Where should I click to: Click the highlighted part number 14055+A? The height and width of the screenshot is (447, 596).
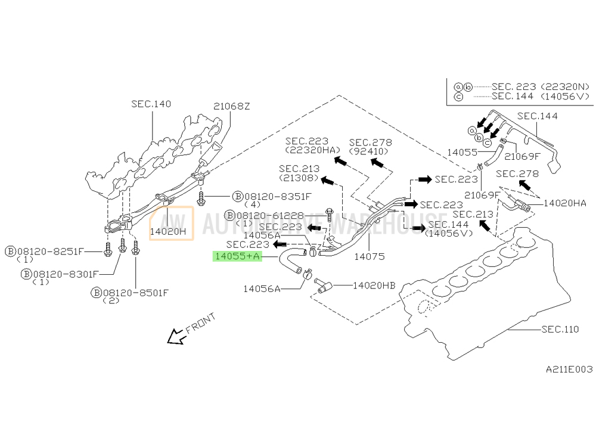pos(237,256)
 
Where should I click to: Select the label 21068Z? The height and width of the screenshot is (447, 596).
pos(231,107)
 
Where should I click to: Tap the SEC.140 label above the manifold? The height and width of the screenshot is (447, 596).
pos(151,104)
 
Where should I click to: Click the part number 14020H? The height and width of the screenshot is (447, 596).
pos(167,231)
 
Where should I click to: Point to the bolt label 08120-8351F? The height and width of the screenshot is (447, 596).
pos(278,197)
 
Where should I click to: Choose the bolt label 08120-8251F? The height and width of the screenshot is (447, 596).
pos(49,252)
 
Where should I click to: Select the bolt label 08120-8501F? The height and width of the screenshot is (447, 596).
pos(135,293)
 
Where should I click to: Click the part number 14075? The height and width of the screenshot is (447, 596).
pos(369,256)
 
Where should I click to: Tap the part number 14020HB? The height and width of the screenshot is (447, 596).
pos(374,285)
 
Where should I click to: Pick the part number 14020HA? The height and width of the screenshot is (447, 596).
pos(565,203)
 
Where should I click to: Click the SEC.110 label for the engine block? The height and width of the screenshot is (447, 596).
pos(560,329)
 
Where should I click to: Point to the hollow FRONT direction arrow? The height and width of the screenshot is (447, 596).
pos(176,336)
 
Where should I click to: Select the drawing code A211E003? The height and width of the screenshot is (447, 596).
pos(569,369)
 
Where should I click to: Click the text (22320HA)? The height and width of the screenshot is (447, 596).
pos(312,151)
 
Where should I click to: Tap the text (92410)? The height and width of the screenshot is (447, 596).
pos(369,151)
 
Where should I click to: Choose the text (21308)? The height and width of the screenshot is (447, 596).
pos(299,178)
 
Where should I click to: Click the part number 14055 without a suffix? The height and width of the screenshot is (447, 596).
pos(462,153)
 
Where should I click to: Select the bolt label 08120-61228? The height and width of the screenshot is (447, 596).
pos(270,216)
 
